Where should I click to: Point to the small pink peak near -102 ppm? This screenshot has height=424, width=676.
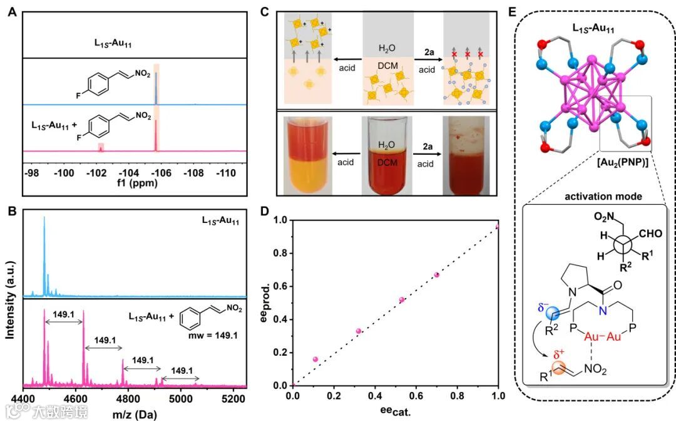click(100, 147)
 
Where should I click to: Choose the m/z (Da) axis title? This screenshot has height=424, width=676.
click(135, 413)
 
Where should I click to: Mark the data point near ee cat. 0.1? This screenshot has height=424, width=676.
click(315, 359)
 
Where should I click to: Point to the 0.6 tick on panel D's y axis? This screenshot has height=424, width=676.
click(282, 286)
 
